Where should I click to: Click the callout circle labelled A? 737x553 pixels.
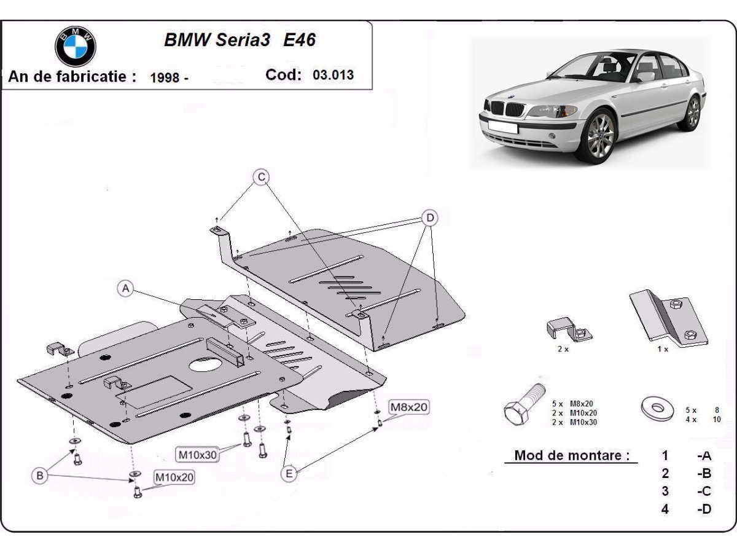125,288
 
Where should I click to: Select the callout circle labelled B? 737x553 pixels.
40,475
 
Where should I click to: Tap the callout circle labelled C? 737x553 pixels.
262,177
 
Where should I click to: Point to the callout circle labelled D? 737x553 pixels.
430,218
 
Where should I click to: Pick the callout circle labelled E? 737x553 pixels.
289,473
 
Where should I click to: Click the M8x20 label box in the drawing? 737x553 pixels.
408,407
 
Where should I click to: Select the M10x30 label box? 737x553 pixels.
198,455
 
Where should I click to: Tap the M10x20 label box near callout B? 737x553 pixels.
174,477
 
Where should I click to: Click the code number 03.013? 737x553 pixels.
333,76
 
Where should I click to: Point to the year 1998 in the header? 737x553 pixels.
164,77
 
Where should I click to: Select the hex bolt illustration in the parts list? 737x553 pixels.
524,406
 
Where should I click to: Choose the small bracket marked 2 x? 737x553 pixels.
568,330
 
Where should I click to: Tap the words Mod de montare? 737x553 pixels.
572,455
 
